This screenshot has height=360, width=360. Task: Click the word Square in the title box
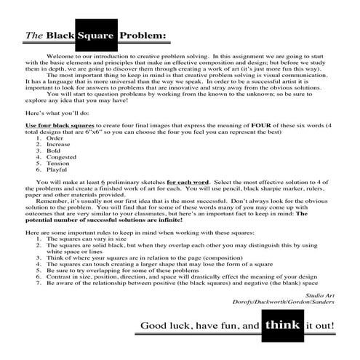tap(92, 33)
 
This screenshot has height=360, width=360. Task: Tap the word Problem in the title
tap(137, 34)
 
